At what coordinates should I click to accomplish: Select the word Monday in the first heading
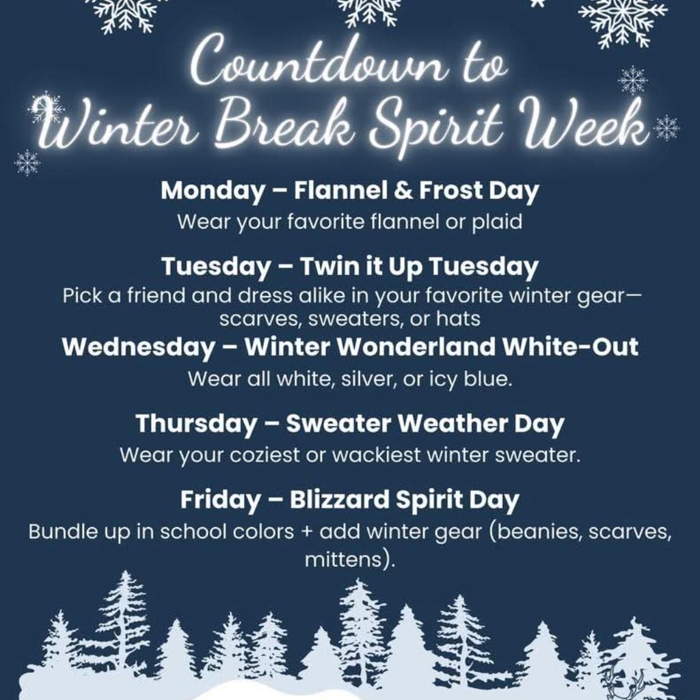click(x=212, y=191)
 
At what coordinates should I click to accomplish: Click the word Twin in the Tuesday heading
click(x=325, y=267)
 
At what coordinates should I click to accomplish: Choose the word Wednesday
click(x=138, y=347)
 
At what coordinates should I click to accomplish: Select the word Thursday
click(x=196, y=424)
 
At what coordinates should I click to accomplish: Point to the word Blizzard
click(x=337, y=500)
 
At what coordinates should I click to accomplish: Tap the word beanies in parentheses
click(x=535, y=532)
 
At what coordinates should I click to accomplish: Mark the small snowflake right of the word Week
click(x=666, y=127)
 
